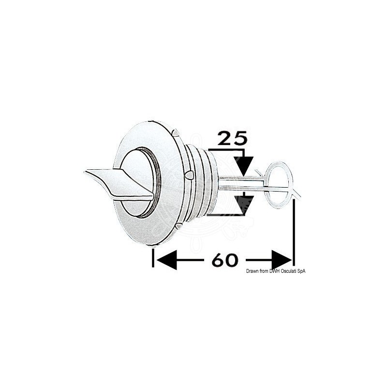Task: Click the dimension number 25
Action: (x=232, y=138)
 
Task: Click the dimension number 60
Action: (x=225, y=260)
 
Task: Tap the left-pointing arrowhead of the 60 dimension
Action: (x=167, y=260)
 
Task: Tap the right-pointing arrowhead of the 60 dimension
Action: (x=282, y=260)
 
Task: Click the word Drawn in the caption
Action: (x=251, y=271)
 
